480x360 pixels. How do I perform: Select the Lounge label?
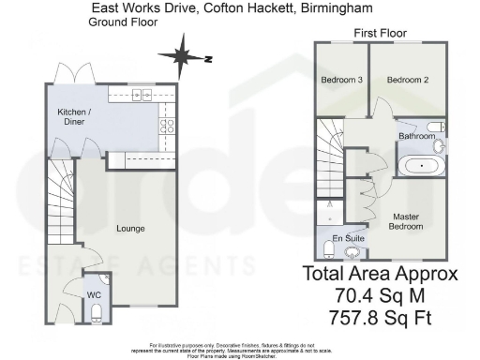[x=129, y=228]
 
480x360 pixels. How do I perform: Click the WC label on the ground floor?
[x=93, y=295]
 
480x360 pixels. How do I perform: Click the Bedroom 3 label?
[x=341, y=80]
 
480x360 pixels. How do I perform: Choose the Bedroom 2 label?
[x=406, y=80]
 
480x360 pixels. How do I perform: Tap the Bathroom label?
[x=417, y=137]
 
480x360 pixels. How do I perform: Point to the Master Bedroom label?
[x=407, y=221]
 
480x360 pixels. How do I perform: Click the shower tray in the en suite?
[x=329, y=215]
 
